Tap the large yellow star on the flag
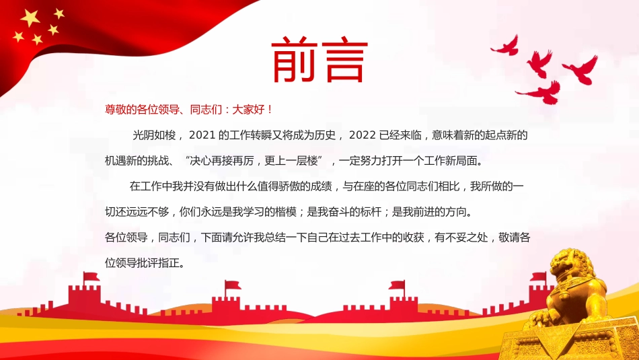(x=31, y=18)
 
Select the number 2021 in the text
(x=201, y=135)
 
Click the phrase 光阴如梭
(x=155, y=135)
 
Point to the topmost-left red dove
(x=505, y=45)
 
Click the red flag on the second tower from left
(x=232, y=285)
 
